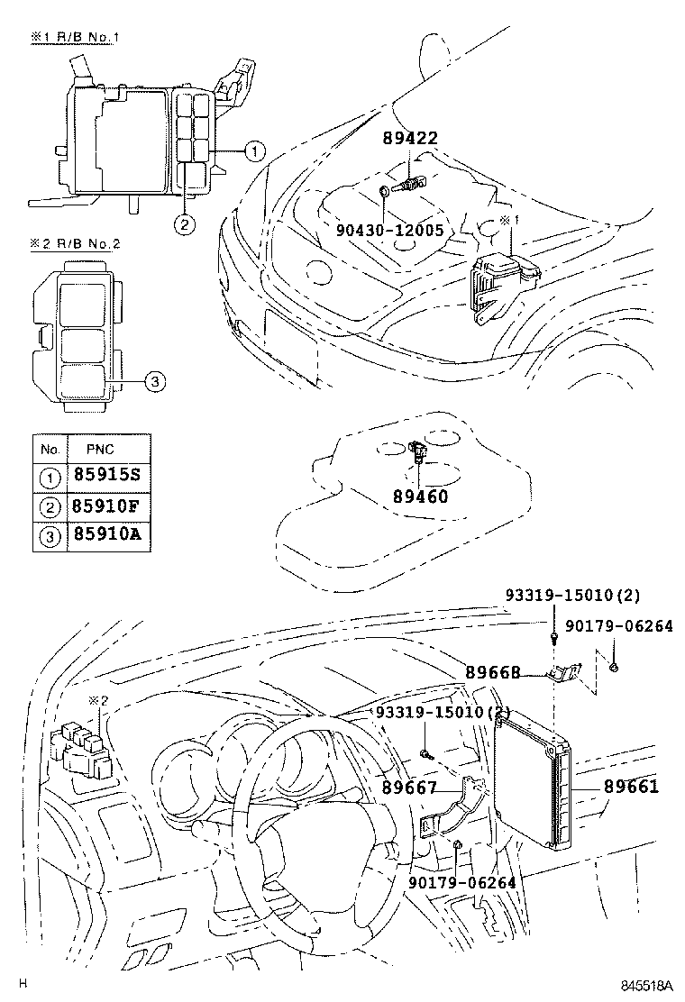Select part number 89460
tap(420, 496)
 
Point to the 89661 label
tap(631, 787)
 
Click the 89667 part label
tap(408, 788)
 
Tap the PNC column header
tap(100, 449)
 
